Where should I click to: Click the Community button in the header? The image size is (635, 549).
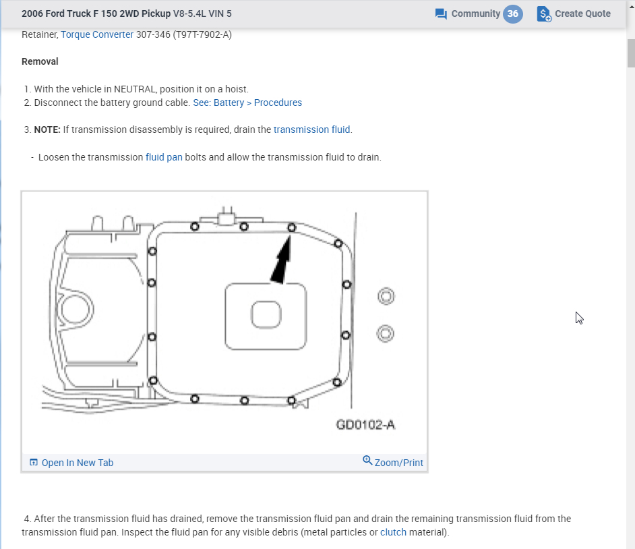[x=468, y=13]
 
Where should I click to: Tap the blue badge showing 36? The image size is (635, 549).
[x=513, y=13]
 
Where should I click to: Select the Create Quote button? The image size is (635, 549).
[x=574, y=13]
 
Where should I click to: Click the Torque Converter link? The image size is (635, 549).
[x=97, y=34]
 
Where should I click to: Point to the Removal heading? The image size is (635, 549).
[x=40, y=61]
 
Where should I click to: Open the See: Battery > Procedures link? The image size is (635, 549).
[x=247, y=103]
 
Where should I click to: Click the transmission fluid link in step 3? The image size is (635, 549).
[x=313, y=129]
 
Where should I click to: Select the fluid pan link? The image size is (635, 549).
[x=164, y=157]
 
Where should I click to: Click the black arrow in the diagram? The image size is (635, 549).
[x=282, y=261]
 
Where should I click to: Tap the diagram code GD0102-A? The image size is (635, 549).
[x=365, y=425]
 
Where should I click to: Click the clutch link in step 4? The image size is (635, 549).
[x=393, y=532]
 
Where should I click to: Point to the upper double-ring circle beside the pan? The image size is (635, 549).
[x=385, y=296]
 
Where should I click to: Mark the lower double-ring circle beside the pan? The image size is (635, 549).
[x=385, y=333]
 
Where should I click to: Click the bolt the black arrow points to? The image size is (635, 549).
[x=292, y=228]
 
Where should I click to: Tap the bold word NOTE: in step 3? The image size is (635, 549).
[x=47, y=129]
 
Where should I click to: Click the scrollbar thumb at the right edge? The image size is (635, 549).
[x=631, y=54]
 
